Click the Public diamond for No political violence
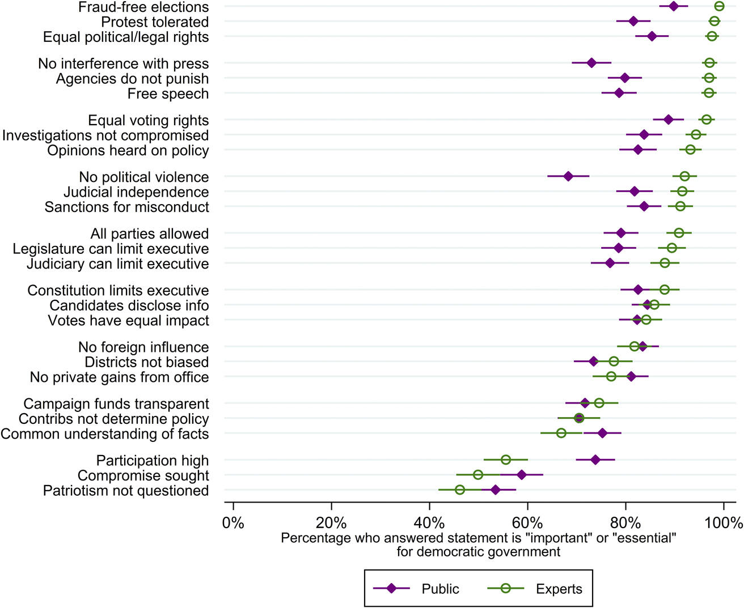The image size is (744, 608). coord(568,177)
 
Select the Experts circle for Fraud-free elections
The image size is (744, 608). coord(719,6)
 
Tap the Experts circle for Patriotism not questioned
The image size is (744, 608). coord(460,490)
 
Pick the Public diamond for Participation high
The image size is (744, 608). coord(595,460)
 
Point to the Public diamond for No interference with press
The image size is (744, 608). coord(591,63)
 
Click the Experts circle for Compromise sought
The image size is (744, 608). coord(478,475)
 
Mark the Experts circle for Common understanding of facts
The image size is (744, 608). coord(561,433)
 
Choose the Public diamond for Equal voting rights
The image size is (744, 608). coord(668,120)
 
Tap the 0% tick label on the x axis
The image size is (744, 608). coord(233,522)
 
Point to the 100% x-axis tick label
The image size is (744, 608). coord(724,522)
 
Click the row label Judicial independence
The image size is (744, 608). coord(136,192)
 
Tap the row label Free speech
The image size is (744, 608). coord(168,94)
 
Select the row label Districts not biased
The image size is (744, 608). coord(147,362)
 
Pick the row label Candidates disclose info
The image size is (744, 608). coord(129,305)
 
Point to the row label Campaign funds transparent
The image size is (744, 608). coord(116,404)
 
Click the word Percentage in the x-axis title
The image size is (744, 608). coord(315,538)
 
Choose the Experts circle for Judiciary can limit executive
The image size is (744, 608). coord(665,263)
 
